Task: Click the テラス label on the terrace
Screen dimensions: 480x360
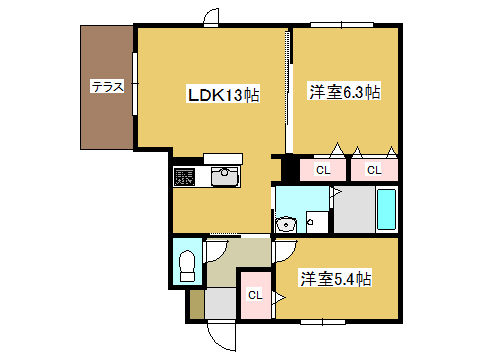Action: tap(107, 86)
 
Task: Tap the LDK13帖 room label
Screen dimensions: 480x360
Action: tap(223, 95)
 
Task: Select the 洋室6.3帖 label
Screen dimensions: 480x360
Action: tap(345, 92)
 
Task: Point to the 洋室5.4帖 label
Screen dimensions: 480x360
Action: tap(335, 278)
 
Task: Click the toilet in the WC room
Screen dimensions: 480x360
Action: tap(187, 266)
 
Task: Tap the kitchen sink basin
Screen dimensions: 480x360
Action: tap(225, 176)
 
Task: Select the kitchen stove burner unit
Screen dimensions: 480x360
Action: tap(184, 177)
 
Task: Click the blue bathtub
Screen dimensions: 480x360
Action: tap(387, 209)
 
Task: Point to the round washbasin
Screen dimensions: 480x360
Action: tap(286, 224)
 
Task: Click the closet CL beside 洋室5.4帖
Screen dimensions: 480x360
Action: tap(255, 295)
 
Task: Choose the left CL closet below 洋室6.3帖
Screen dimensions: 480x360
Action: tap(322, 170)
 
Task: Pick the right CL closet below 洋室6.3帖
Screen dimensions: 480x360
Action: tap(374, 170)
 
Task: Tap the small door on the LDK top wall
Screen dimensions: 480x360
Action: tap(211, 17)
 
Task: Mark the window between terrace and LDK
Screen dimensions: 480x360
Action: tap(135, 84)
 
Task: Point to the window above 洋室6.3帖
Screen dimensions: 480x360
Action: tap(342, 25)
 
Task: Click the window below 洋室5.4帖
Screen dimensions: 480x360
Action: tap(323, 322)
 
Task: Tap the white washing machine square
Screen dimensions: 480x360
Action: tap(317, 222)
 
